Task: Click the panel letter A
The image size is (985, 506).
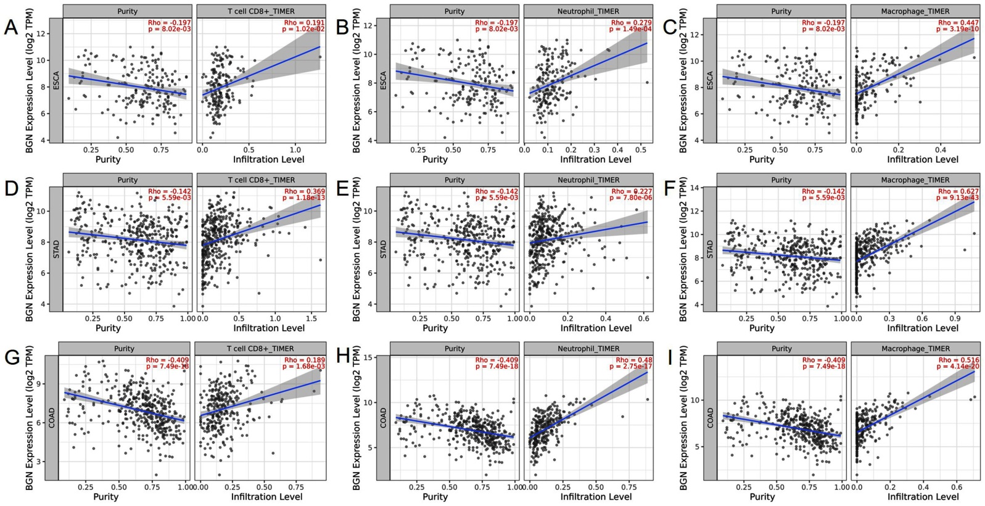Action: click(11, 28)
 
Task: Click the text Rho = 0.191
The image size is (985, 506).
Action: click(304, 23)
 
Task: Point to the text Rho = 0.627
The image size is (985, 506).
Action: click(958, 191)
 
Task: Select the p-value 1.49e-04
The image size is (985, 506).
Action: click(630, 29)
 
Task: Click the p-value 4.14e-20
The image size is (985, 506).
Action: click(957, 367)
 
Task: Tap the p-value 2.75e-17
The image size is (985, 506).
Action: click(630, 367)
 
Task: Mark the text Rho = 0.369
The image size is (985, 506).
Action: click(304, 191)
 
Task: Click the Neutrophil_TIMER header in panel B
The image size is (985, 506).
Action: click(588, 11)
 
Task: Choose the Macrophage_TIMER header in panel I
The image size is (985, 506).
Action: click(915, 349)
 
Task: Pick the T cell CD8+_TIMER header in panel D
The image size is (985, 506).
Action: click(261, 180)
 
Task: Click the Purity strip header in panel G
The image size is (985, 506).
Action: click(124, 349)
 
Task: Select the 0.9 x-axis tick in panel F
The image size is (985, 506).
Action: click(955, 319)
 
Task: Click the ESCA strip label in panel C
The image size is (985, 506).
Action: click(710, 81)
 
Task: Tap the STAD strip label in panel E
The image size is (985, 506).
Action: click(383, 249)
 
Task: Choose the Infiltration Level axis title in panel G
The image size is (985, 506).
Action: click(266, 497)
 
